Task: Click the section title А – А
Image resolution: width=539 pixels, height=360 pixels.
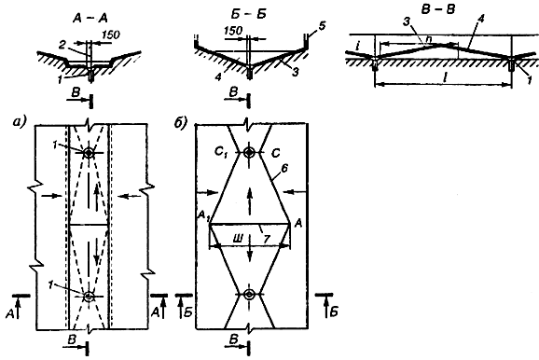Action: [x=90, y=19]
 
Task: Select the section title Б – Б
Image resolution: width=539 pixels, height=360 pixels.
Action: [x=248, y=14]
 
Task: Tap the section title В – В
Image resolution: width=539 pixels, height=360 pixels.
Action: [x=438, y=9]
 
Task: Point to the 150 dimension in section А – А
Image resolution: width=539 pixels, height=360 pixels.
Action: [x=111, y=35]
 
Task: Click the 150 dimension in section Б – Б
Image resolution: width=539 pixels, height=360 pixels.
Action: [x=233, y=31]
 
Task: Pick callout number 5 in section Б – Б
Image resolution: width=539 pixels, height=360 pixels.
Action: [x=322, y=26]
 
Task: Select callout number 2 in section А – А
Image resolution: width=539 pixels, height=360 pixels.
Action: [x=62, y=45]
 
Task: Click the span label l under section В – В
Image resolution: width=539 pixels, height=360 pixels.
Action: [x=445, y=78]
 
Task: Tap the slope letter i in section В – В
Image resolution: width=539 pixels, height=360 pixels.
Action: [x=358, y=46]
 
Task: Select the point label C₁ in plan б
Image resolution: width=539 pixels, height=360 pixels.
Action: [x=220, y=152]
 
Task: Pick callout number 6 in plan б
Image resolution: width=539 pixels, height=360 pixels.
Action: [x=284, y=168]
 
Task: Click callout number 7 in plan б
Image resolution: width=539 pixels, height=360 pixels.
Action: [x=267, y=240]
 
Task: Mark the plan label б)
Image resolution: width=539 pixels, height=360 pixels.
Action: [x=180, y=123]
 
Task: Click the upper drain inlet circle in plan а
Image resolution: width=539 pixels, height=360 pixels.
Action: [x=89, y=153]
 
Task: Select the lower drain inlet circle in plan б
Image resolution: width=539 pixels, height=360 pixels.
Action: [x=249, y=295]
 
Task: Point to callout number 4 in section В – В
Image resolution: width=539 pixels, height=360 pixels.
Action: [x=481, y=20]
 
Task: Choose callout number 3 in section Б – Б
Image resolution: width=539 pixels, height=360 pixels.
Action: [x=295, y=72]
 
